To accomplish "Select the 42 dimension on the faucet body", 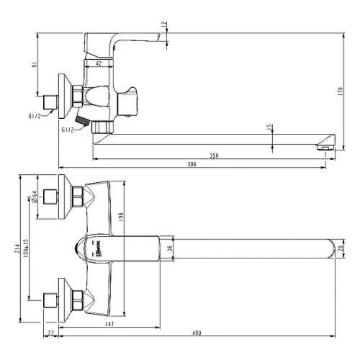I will tap(98, 64).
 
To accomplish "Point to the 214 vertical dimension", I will tap(16, 246).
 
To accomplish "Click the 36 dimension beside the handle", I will tap(169, 248).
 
